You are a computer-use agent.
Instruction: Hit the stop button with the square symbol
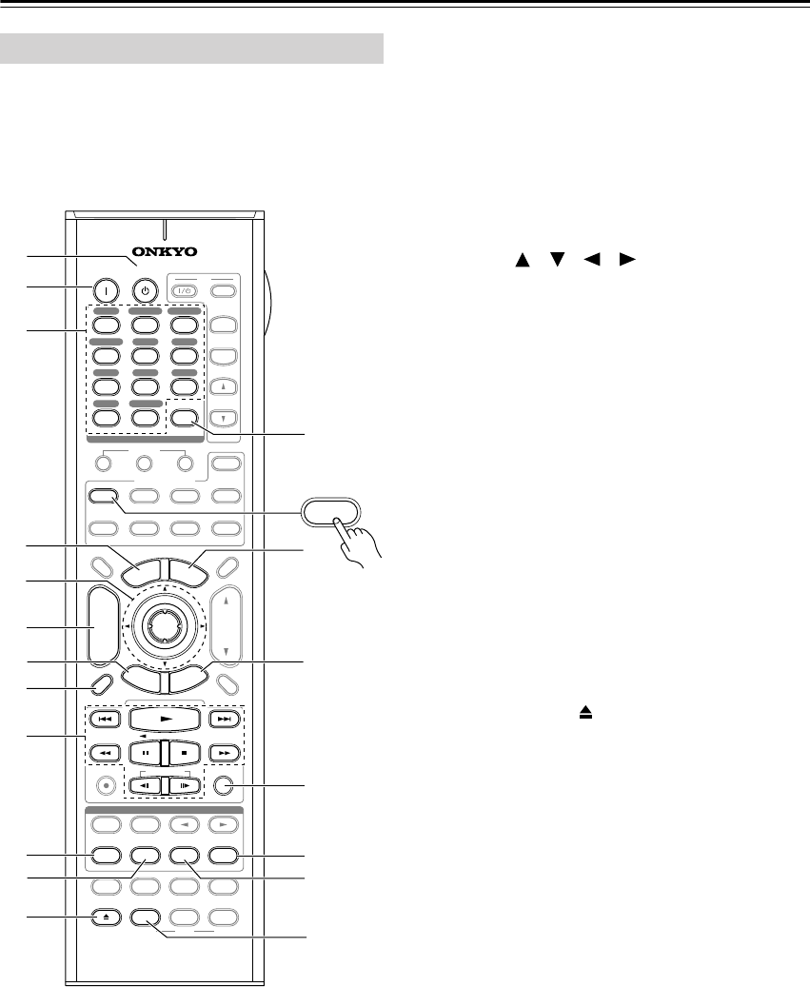[x=181, y=753]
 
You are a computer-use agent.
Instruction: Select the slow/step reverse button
[x=145, y=786]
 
